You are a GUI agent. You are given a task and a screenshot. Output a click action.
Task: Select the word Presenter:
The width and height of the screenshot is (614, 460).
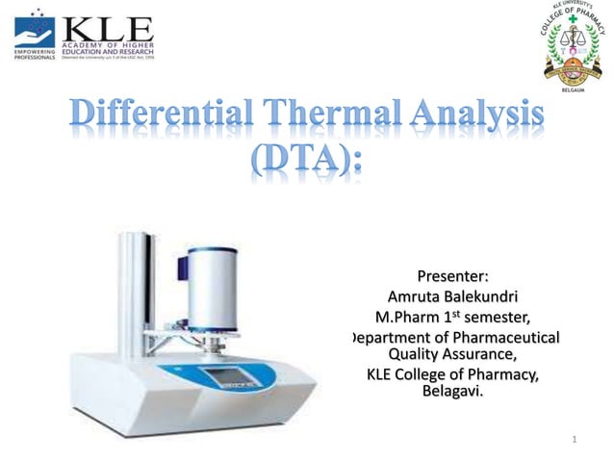coord(451,279)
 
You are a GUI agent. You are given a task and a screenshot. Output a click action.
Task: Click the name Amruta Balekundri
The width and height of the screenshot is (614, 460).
coord(451,297)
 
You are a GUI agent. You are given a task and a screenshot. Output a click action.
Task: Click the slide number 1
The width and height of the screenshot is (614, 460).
coord(574,441)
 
